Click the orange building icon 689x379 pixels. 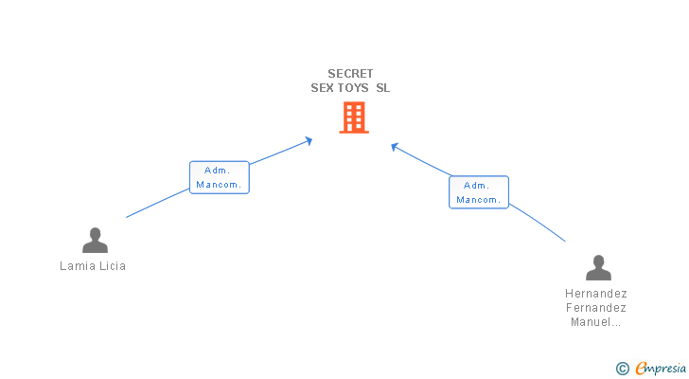pos(354,117)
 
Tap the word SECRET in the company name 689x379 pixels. pos(350,73)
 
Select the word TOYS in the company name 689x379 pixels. pos(352,88)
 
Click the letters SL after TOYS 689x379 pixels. pos(382,88)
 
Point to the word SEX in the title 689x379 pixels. pos(322,88)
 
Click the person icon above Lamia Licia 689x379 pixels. pos(95,240)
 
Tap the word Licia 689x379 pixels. pos(113,266)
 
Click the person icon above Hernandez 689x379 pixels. pos(598,267)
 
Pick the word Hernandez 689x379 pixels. pos(596,294)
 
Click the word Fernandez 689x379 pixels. pos(596,307)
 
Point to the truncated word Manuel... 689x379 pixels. pos(596,322)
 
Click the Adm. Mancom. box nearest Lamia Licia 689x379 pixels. pos(220,177)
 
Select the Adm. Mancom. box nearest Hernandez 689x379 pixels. pos(479,192)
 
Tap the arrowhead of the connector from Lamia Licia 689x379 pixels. pos(309,140)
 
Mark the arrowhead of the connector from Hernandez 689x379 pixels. pos(394,147)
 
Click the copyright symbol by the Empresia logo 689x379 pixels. pos(622,369)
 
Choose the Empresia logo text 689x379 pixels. pos(661,369)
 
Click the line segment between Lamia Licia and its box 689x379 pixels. pos(158,203)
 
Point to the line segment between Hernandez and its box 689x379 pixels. pos(538,222)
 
